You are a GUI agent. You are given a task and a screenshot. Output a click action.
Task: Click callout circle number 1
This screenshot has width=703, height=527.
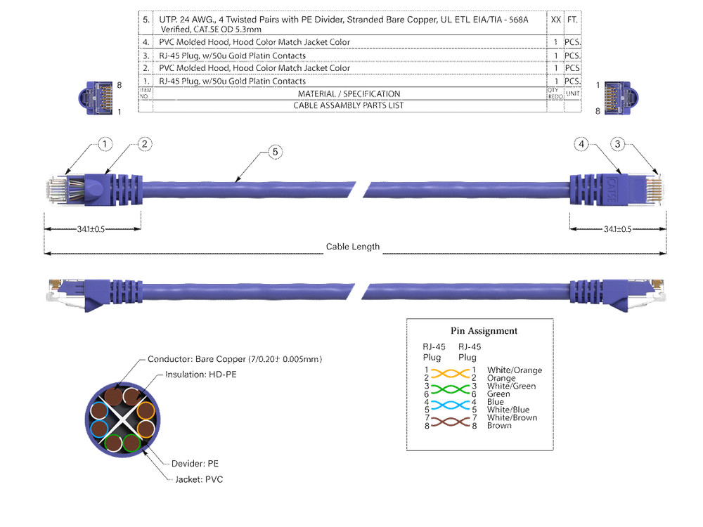[105, 145]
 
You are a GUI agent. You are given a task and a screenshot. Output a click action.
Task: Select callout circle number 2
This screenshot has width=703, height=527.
[144, 144]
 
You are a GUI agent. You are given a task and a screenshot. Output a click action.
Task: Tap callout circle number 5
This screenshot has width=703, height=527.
[275, 151]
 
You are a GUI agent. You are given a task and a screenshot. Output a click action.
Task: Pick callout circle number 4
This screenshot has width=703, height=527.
[581, 145]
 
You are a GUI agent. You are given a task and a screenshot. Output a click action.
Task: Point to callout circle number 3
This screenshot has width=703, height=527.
[618, 145]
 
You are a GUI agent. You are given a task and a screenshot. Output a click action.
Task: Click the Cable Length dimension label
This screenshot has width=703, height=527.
[352, 247]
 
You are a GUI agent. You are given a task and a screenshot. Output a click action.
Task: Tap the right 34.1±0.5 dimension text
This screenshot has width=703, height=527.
[618, 229]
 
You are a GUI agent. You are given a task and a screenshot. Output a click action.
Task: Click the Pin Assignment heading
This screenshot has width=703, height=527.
[484, 331]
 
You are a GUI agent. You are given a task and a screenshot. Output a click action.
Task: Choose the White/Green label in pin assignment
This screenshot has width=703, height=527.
[511, 386]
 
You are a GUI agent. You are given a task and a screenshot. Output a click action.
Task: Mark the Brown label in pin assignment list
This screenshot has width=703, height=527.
[499, 426]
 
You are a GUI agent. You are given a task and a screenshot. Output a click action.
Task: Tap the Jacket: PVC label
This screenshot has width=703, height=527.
[200, 479]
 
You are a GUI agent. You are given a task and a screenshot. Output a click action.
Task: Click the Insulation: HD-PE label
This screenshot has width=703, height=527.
[201, 375]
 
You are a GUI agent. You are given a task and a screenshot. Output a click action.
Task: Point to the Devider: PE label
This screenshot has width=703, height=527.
[195, 464]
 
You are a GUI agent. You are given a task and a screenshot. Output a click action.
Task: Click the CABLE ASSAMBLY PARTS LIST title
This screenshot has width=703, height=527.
[349, 106]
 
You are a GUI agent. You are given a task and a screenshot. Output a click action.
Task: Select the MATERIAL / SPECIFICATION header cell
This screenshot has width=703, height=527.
[349, 93]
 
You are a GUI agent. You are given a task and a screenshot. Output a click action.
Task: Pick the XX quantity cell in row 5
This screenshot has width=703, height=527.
[556, 20]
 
